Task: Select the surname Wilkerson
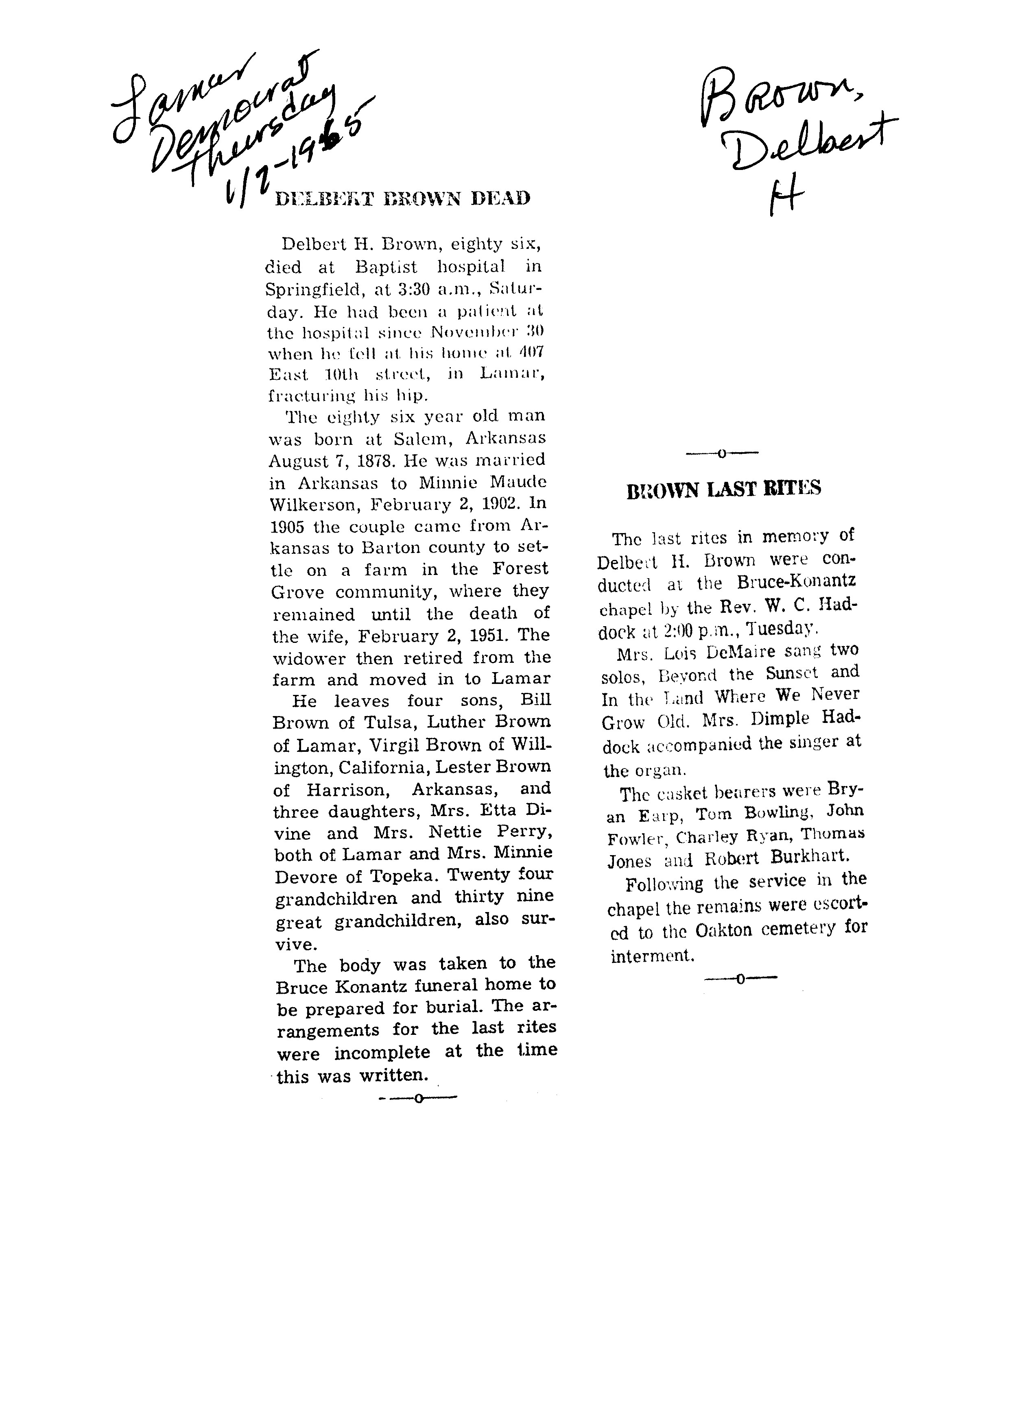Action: click(313, 504)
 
